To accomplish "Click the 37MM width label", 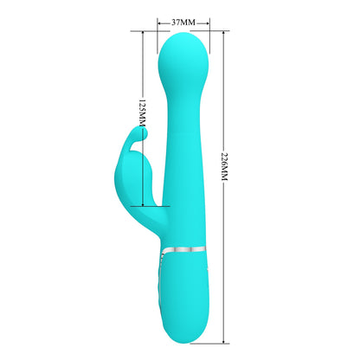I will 183,19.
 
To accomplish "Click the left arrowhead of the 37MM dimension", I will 159,19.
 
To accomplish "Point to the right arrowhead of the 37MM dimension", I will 207,19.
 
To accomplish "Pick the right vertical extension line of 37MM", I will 208,35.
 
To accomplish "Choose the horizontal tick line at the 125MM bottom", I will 151,206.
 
